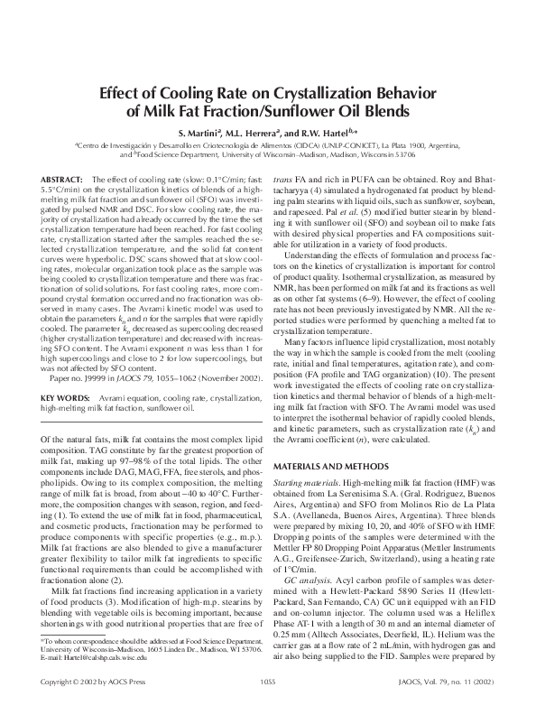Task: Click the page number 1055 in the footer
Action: point(267,704)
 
